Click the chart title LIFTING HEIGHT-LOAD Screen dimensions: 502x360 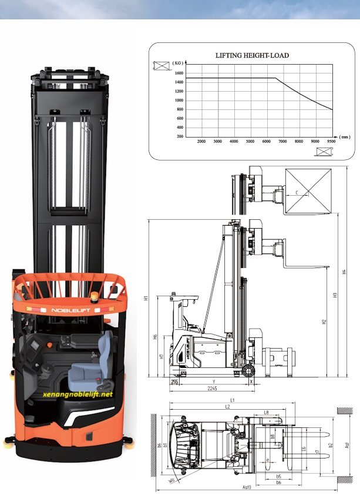[x=252, y=55]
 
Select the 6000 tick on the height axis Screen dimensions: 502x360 [x=266, y=142]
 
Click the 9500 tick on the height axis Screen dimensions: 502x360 [x=331, y=142]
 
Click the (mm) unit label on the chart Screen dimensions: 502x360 [x=344, y=137]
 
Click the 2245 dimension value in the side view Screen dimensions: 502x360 [x=212, y=388]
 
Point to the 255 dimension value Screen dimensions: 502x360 [x=174, y=382]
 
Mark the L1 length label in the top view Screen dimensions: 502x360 [x=233, y=400]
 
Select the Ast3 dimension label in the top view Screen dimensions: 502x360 [x=247, y=487]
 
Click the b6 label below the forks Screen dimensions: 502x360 [x=278, y=482]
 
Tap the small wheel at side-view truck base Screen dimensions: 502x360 [x=247, y=371]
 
